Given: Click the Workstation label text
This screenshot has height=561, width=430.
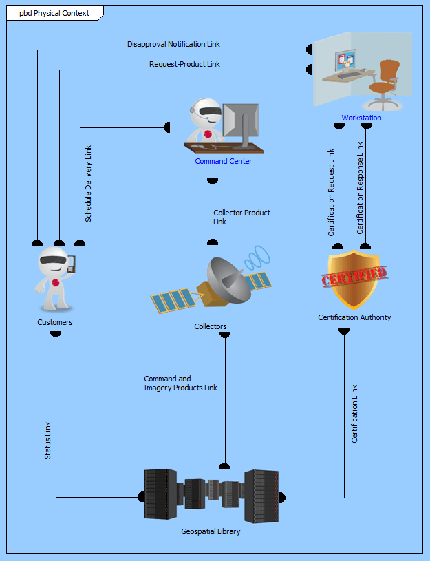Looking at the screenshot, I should tap(361, 118).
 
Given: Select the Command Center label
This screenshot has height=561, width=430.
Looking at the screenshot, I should tap(223, 161).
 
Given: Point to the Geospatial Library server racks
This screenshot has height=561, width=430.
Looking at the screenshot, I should tap(211, 494).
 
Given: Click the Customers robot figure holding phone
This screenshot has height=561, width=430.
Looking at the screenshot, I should tap(55, 279).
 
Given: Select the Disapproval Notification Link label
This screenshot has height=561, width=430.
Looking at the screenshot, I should tap(173, 44).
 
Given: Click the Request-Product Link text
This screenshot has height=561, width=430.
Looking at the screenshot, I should tap(184, 64).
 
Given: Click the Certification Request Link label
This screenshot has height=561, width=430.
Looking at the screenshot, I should tap(331, 192).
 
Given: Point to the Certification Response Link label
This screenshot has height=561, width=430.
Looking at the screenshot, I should tap(360, 188).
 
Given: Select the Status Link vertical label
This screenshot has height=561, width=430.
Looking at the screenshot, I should tap(47, 441).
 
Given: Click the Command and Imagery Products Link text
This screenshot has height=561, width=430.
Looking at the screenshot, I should tap(180, 383).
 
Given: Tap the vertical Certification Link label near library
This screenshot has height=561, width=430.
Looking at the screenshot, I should tap(355, 413).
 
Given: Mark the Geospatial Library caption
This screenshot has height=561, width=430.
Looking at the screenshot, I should tap(211, 531).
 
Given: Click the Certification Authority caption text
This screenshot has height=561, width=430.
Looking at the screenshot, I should tap(354, 317).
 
